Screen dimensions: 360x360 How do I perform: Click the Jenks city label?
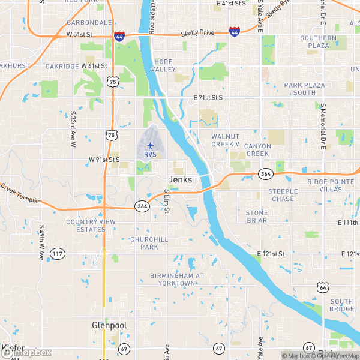pyautogui.click(x=181, y=179)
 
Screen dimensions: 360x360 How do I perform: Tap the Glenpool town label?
pyautogui.click(x=108, y=325)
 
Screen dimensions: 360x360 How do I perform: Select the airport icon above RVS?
pyautogui.click(x=150, y=145)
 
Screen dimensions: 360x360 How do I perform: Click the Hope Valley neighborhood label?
pyautogui.click(x=164, y=66)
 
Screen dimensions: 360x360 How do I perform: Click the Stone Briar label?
pyautogui.click(x=256, y=217)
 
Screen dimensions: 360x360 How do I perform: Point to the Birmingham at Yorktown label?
pyautogui.click(x=178, y=279)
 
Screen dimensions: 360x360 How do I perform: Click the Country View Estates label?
pyautogui.click(x=91, y=226)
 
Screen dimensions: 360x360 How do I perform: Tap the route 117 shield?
pyautogui.click(x=58, y=254)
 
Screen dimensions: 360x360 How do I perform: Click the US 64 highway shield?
pyautogui.click(x=323, y=288)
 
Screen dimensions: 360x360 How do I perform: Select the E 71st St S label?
pyautogui.click(x=208, y=97)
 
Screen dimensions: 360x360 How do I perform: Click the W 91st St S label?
pyautogui.click(x=104, y=160)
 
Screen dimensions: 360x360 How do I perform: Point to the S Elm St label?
pyautogui.click(x=168, y=202)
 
